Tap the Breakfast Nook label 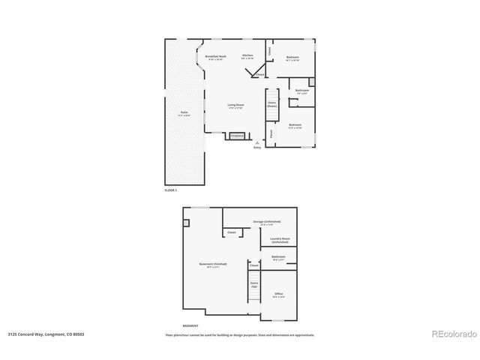(217, 57)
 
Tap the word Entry (257, 148)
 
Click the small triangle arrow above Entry (257, 142)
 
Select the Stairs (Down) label (271, 104)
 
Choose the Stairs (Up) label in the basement (254, 286)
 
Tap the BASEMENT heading (191, 325)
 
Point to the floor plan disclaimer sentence (239, 334)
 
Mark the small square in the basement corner (186, 222)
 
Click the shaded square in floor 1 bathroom (313, 80)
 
